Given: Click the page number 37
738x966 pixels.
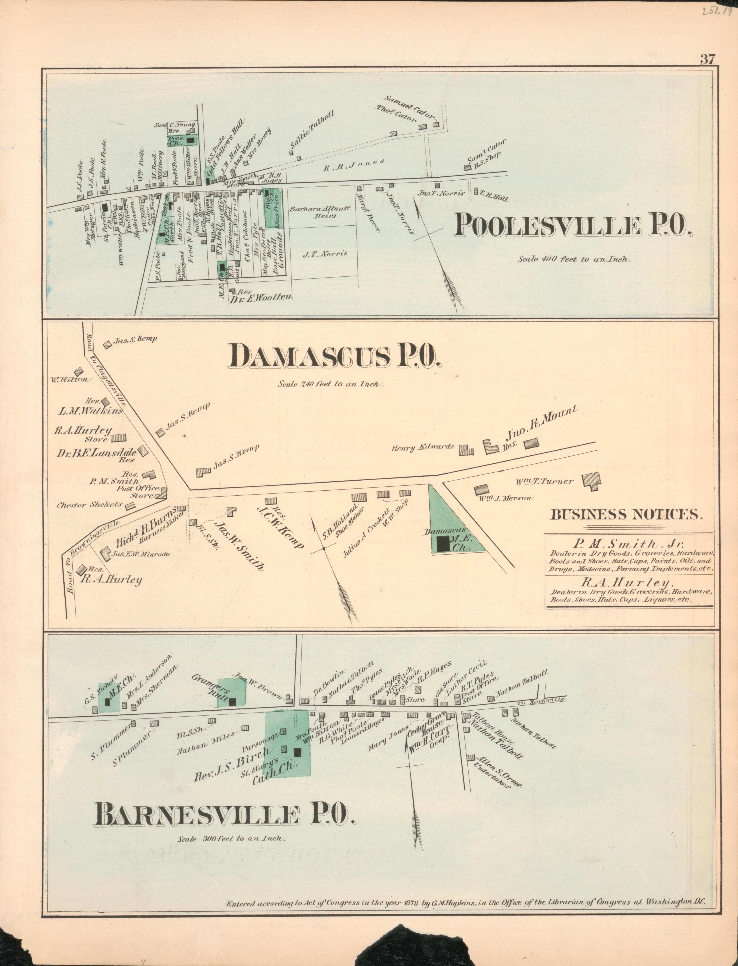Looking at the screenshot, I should pyautogui.click(x=707, y=59).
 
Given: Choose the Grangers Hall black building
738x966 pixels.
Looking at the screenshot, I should pyautogui.click(x=232, y=702).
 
